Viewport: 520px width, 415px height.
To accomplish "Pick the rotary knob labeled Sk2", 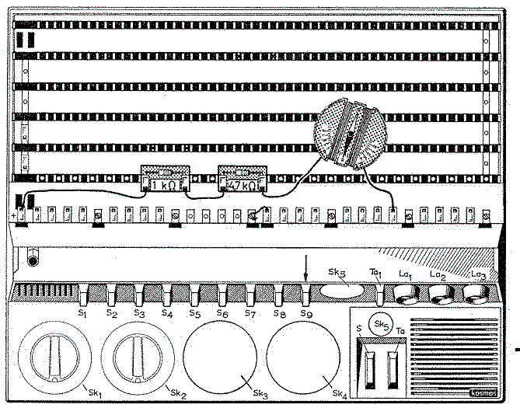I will click(x=137, y=358).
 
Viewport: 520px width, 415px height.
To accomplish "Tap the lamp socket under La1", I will click(x=404, y=294).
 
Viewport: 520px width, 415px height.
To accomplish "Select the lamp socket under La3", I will click(x=478, y=294).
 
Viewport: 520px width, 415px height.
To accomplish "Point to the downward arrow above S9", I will click(x=307, y=271).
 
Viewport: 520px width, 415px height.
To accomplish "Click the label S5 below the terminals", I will click(x=195, y=314).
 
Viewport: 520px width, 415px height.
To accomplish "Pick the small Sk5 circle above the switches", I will click(x=380, y=324).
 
